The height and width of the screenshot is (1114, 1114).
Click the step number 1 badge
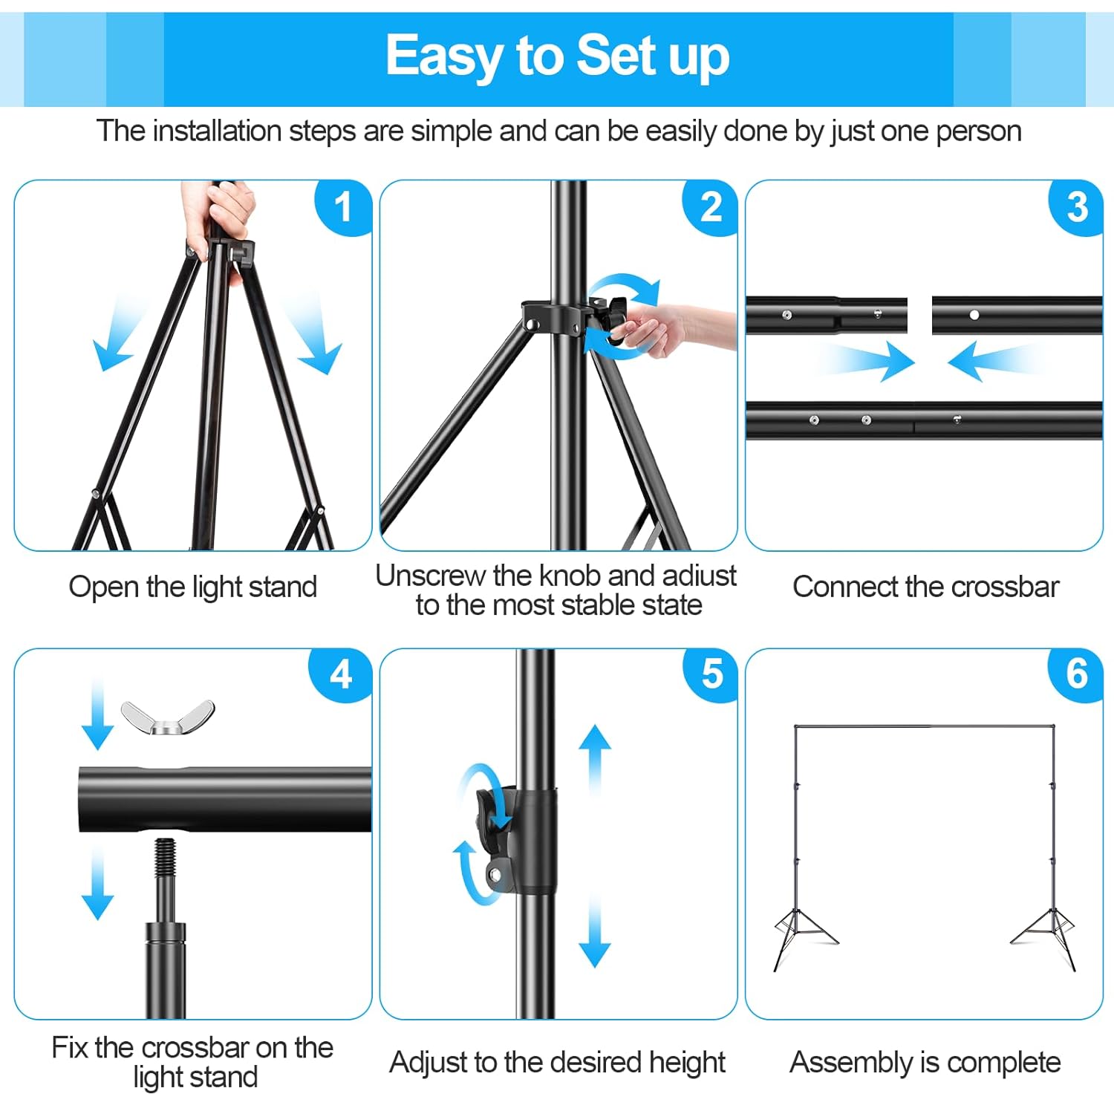342,207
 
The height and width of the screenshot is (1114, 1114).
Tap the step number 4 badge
341,675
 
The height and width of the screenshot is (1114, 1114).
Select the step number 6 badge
1076,674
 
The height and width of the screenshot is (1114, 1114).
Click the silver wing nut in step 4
168,717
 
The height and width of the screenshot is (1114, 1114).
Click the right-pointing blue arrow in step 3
869,362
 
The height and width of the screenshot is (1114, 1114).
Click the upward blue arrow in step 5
595,758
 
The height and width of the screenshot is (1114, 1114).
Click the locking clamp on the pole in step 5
520,839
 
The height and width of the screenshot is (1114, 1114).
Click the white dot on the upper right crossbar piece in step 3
974,315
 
